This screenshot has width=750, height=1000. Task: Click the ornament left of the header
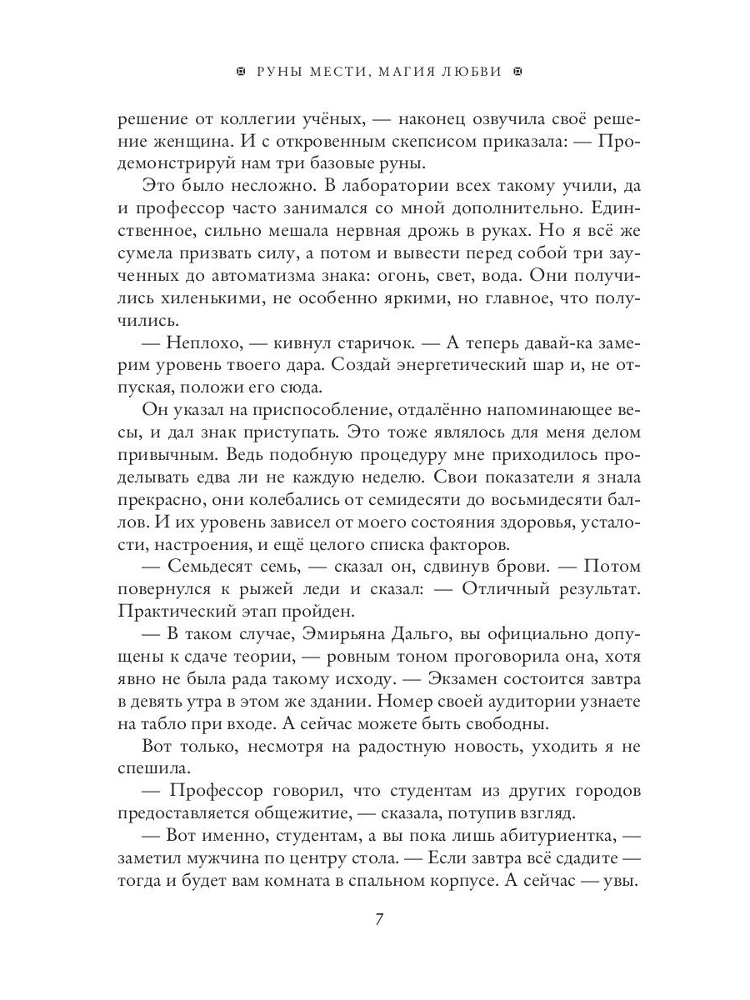tap(241, 72)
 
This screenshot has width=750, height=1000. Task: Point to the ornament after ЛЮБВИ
tap(515, 72)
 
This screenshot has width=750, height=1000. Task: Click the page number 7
tap(379, 920)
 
